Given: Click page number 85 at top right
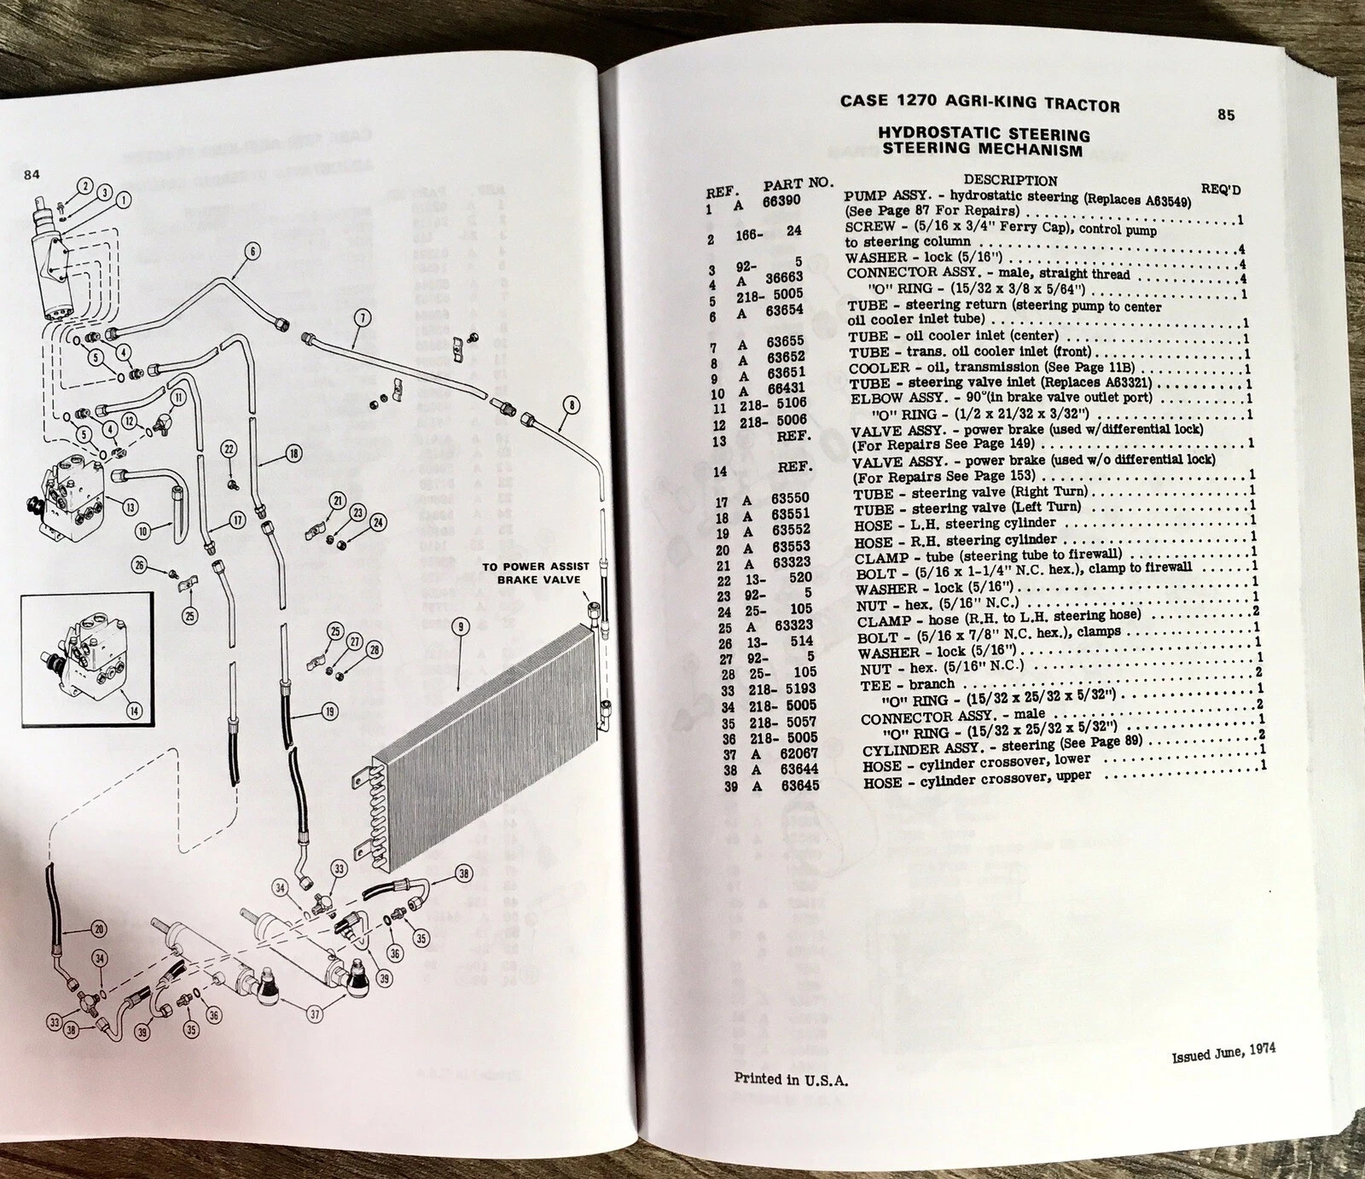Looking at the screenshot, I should click(x=1225, y=115).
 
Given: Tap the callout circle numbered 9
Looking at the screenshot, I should click(x=460, y=627).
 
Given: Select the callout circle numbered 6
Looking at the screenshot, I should click(x=253, y=251).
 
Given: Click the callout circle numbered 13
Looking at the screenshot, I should click(x=130, y=507).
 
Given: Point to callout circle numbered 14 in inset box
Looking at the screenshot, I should click(x=135, y=710).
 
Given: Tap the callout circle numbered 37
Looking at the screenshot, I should click(x=317, y=1014).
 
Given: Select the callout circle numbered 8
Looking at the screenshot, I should click(x=570, y=405).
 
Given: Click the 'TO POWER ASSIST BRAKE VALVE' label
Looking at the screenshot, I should click(x=531, y=572).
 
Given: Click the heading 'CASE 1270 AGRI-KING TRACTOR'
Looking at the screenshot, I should click(x=979, y=103).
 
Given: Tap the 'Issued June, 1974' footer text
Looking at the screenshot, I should click(x=1223, y=1052).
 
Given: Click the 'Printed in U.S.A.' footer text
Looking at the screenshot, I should click(x=791, y=1078).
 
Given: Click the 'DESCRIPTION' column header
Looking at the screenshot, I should click(x=1010, y=180).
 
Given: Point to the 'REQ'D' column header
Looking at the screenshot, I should click(x=1225, y=189).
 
